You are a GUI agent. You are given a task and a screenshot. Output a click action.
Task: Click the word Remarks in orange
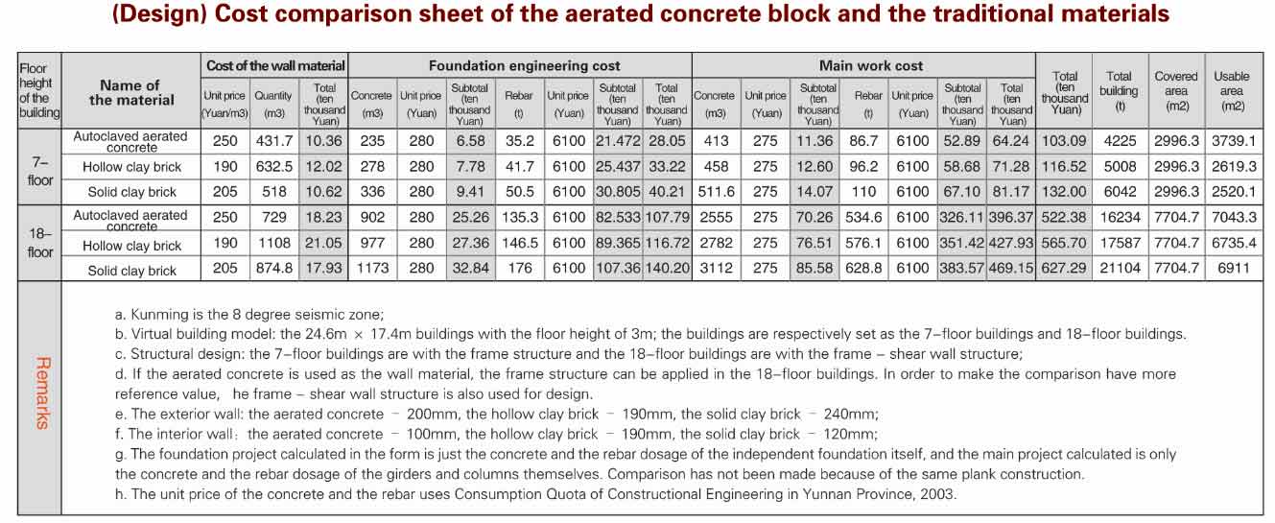41,393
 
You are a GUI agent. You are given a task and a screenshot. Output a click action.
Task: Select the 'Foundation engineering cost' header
524,66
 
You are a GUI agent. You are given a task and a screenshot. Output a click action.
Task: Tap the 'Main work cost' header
870,66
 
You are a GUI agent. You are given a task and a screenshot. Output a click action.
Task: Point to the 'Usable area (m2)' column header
1232,91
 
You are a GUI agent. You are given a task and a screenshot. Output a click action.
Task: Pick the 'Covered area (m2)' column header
1176,91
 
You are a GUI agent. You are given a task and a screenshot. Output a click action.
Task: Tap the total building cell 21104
1120,269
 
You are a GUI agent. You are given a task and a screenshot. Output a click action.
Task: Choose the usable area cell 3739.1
1234,141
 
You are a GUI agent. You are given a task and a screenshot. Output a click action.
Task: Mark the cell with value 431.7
272,141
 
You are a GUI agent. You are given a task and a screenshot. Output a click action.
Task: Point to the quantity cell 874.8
272,269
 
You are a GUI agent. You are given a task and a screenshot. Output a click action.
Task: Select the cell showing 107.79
667,217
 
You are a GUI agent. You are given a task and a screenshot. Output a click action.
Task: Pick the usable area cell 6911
1233,269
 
